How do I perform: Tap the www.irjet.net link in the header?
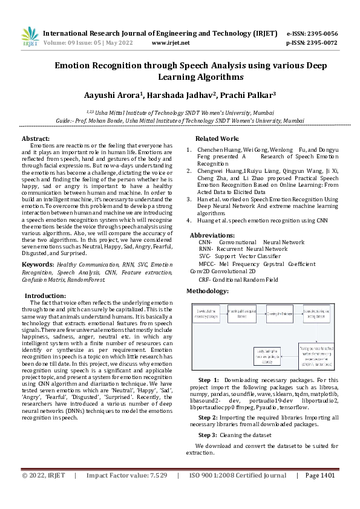point(171,43)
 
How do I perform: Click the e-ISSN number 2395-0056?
point(321,33)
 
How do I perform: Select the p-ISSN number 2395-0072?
point(321,43)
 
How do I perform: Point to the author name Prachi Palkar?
point(248,95)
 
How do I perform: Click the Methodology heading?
point(207,291)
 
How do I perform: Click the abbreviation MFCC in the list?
point(207,264)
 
